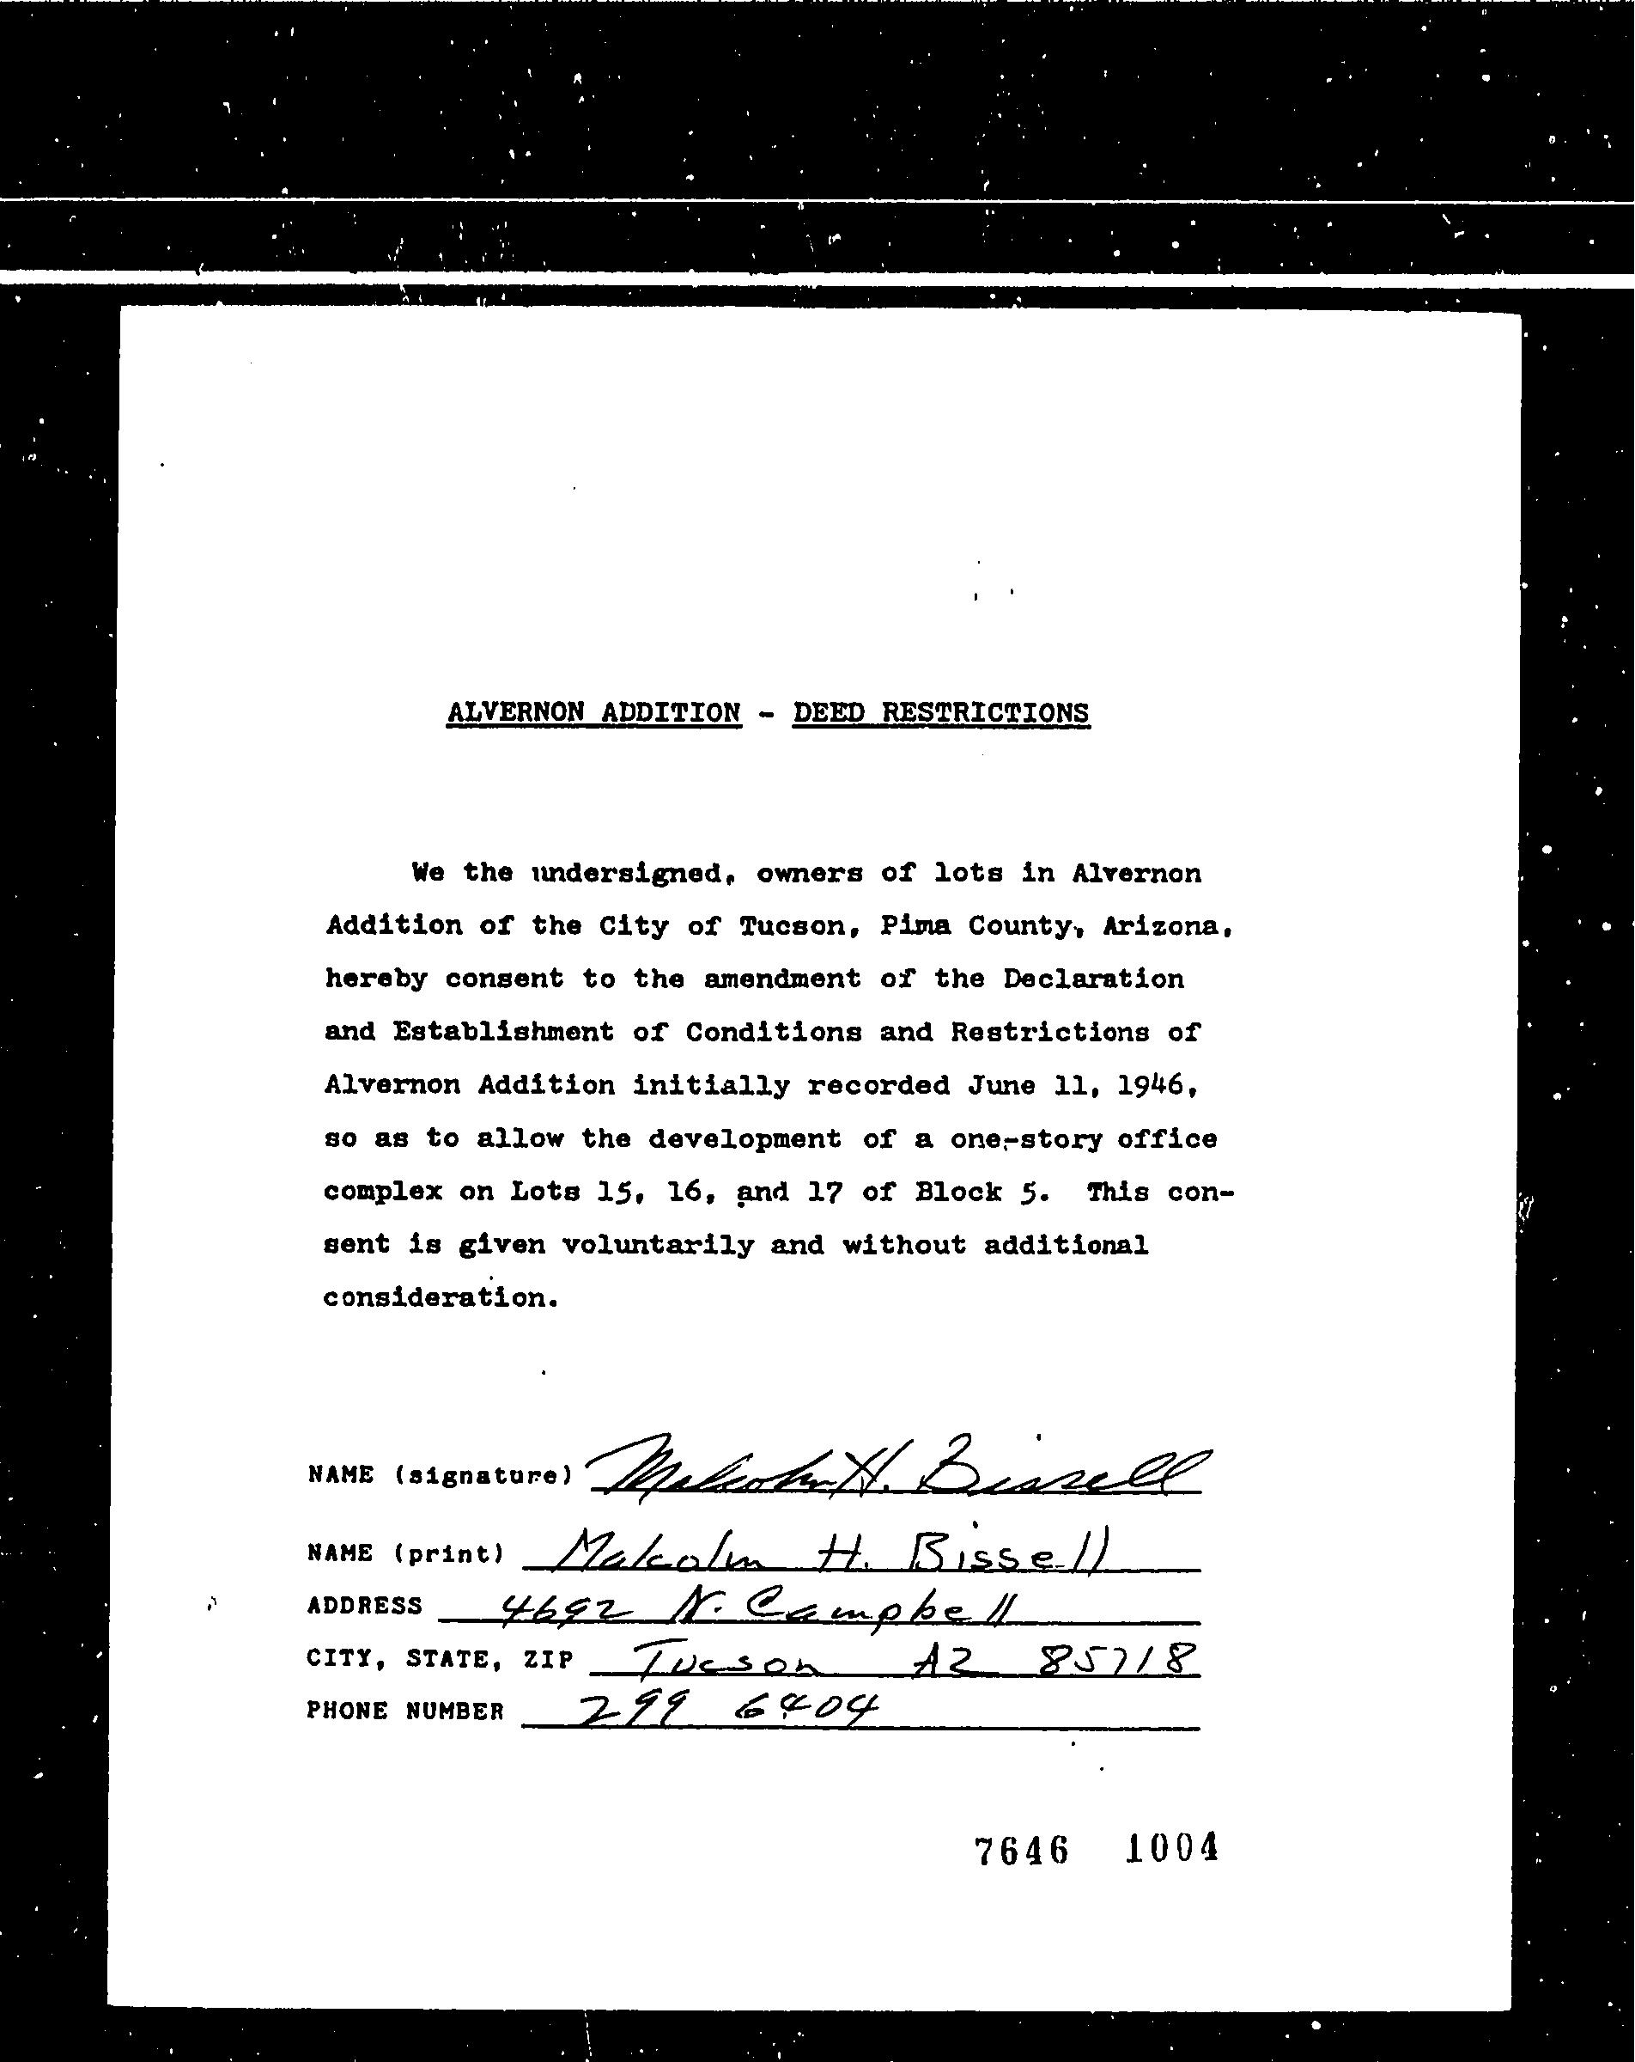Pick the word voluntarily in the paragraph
tap(657, 1244)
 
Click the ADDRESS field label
tap(364, 1606)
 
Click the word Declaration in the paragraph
tap(1093, 979)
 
